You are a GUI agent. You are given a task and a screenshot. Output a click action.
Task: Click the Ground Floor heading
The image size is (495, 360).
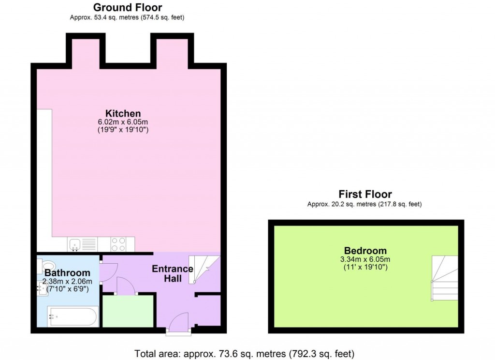tap(127, 7)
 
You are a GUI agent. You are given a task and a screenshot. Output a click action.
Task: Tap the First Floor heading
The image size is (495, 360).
tap(364, 194)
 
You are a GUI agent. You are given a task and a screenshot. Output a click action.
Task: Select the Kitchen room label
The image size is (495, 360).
tap(124, 114)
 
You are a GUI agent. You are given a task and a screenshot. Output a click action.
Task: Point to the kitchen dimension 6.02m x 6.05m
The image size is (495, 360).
tap(124, 122)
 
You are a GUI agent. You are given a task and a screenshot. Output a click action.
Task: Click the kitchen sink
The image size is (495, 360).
tap(75, 244)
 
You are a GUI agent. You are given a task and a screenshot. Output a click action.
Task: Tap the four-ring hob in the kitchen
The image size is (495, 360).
tap(118, 244)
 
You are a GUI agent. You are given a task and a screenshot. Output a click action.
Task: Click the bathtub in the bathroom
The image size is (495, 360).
tap(73, 317)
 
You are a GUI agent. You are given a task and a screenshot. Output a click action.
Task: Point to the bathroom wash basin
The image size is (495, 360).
tap(42, 290)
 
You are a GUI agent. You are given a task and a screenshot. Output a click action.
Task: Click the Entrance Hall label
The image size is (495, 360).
tap(173, 273)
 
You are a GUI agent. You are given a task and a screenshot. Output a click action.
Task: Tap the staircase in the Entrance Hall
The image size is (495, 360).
tap(204, 269)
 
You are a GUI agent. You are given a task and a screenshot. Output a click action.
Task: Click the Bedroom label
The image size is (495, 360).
tap(365, 251)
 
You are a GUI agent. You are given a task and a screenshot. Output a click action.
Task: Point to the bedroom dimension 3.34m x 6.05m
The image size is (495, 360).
tap(365, 259)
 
